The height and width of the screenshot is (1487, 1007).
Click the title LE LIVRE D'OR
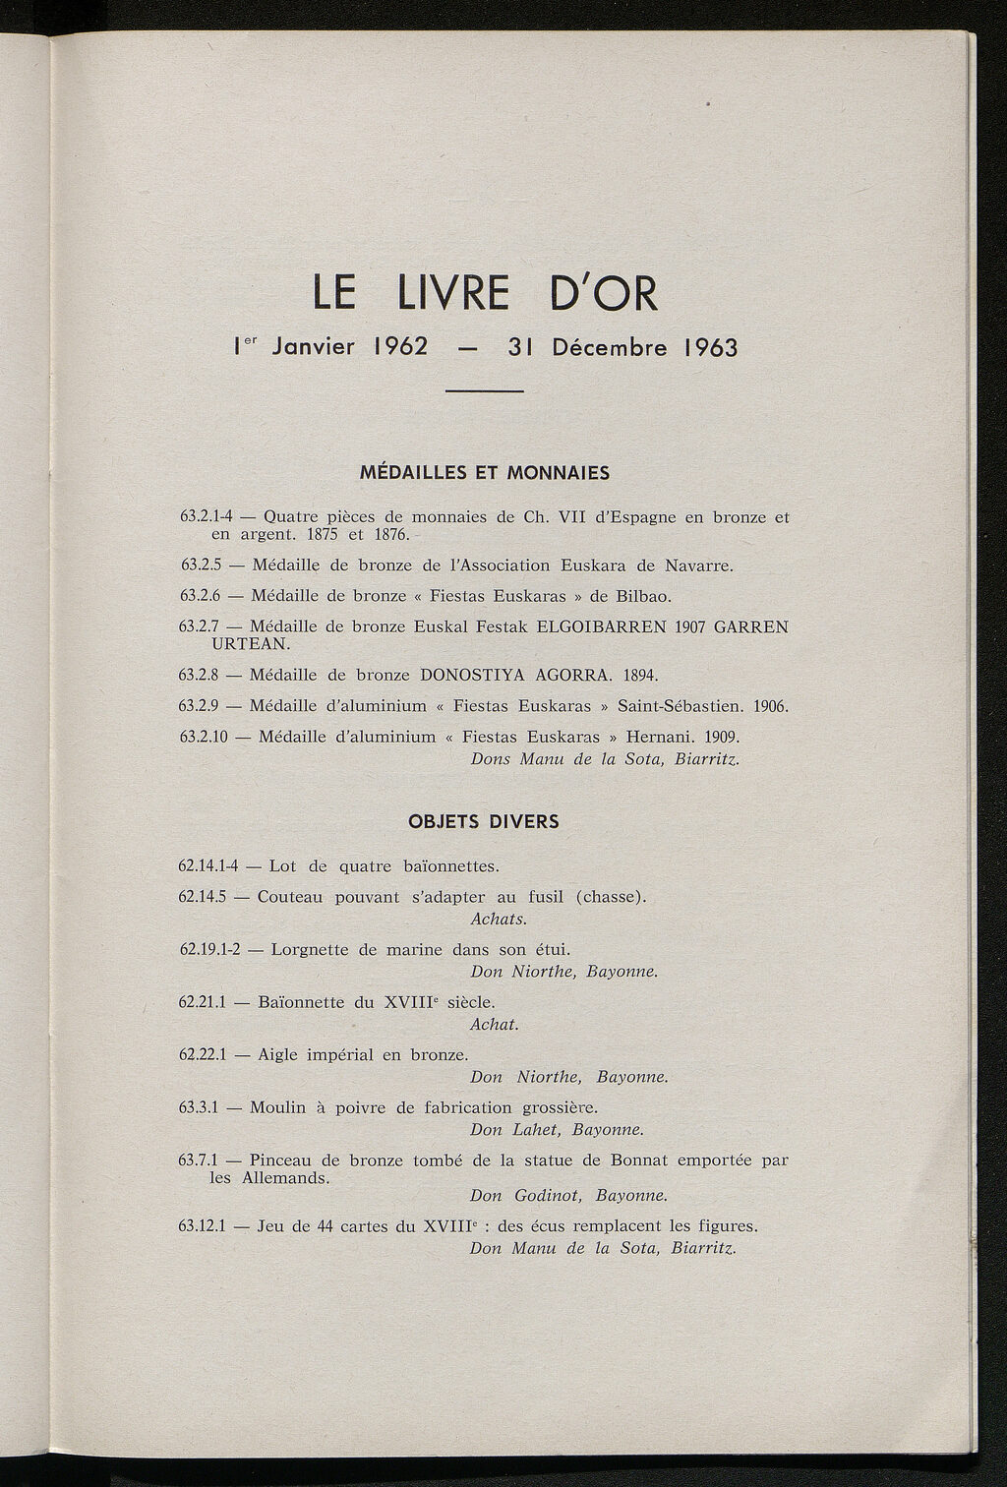point(484,292)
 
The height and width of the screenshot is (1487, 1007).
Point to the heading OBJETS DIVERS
point(484,821)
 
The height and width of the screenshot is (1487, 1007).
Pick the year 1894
point(639,676)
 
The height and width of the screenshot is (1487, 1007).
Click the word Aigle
point(280,1055)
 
